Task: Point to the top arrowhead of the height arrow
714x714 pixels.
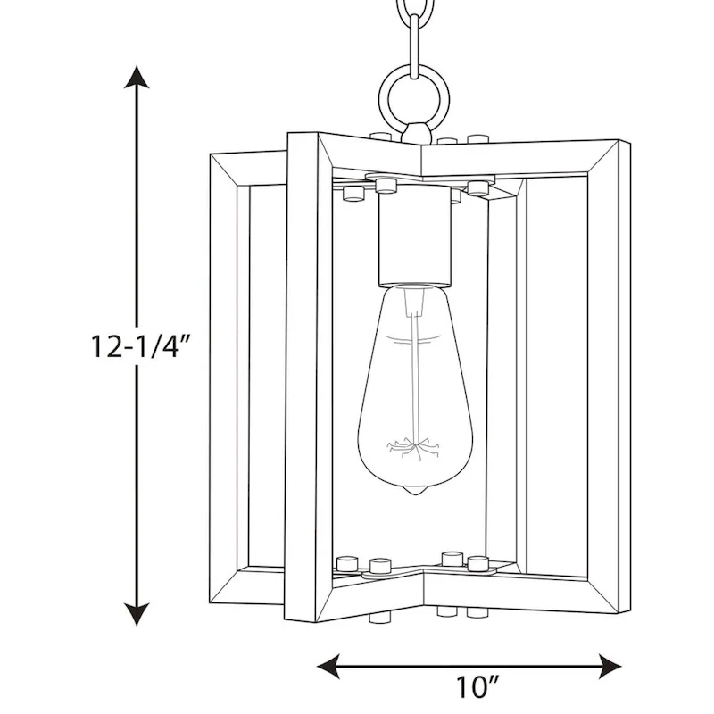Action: (x=136, y=77)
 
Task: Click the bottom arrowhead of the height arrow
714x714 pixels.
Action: (x=136, y=613)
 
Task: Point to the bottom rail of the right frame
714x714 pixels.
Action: (x=527, y=589)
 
